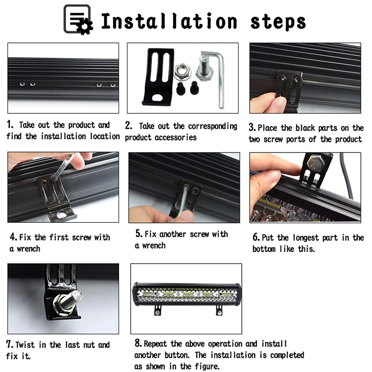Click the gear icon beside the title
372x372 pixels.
tap(85, 27)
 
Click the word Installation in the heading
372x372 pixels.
tap(169, 21)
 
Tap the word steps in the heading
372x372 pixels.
tap(278, 22)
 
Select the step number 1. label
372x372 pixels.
tap(10, 124)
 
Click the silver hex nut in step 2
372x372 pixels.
tap(182, 72)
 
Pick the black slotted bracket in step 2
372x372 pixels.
tap(158, 77)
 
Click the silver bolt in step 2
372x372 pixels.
tap(205, 67)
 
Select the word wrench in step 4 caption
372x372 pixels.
tap(28, 249)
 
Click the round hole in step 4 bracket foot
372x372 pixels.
tap(61, 215)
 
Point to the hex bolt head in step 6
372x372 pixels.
tap(316, 164)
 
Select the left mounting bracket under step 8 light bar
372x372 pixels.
tap(158, 310)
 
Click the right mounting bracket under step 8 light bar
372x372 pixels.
tap(219, 310)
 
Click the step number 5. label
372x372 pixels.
tap(139, 233)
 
